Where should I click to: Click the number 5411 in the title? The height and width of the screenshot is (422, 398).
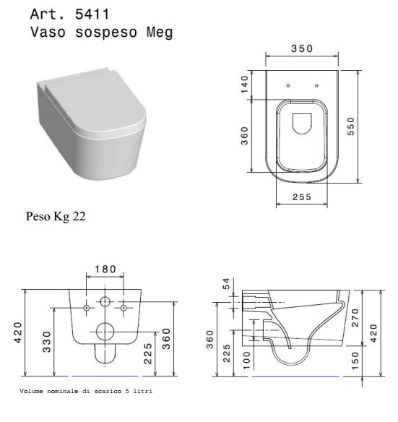pyautogui.click(x=92, y=14)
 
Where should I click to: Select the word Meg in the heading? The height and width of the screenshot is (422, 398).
pyautogui.click(x=160, y=33)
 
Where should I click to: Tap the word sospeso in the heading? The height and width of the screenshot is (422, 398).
pyautogui.click(x=106, y=33)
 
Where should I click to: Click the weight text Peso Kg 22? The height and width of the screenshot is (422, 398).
pyautogui.click(x=56, y=216)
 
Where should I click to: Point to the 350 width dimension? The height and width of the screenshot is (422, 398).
pyautogui.click(x=302, y=48)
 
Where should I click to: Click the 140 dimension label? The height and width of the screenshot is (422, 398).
pyautogui.click(x=245, y=85)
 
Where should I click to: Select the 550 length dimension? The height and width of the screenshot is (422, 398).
pyautogui.click(x=351, y=126)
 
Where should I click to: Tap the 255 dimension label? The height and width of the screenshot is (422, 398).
pyautogui.click(x=302, y=197)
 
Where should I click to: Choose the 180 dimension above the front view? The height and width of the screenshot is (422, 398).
pyautogui.click(x=105, y=269)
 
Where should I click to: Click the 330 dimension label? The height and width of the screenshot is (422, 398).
pyautogui.click(x=47, y=342)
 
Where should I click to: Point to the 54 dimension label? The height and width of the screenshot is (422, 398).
pyautogui.click(x=227, y=284)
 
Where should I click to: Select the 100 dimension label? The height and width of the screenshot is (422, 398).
pyautogui.click(x=246, y=361)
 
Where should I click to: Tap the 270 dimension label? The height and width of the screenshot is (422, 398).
pyautogui.click(x=355, y=318)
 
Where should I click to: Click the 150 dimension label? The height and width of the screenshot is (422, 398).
pyautogui.click(x=355, y=361)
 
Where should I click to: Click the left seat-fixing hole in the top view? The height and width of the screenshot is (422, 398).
pyautogui.click(x=288, y=85)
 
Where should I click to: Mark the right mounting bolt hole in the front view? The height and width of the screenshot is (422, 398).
pyautogui.click(x=124, y=308)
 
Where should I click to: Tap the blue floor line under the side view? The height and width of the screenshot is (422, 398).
pyautogui.click(x=295, y=376)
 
